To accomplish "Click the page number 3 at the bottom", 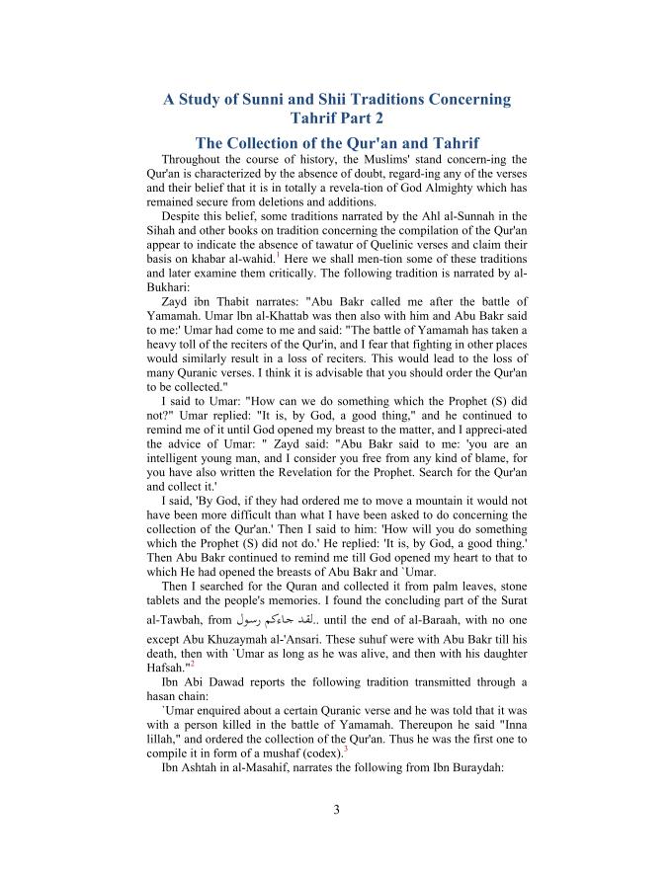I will coord(336,812).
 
